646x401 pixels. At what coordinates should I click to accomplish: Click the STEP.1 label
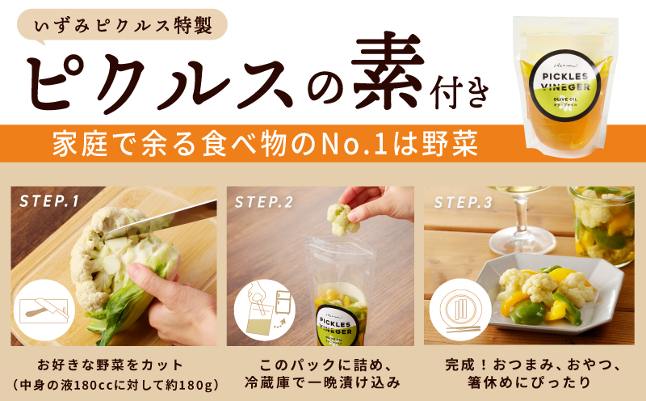point(49,201)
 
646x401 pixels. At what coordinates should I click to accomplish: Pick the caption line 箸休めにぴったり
point(523,380)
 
